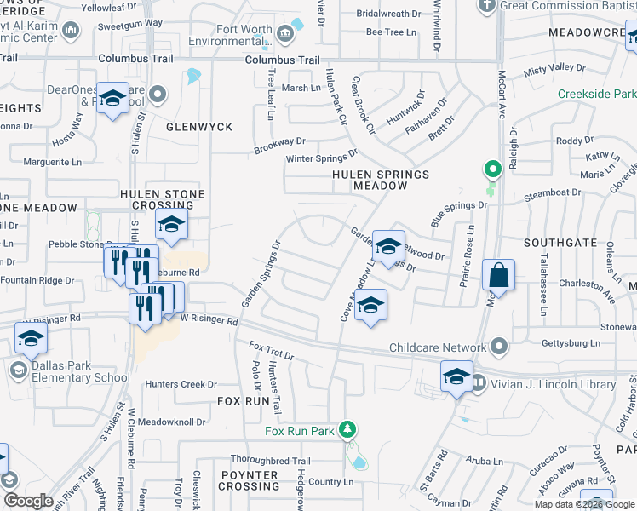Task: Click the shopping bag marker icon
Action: click(498, 276)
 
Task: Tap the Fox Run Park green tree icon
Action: click(347, 428)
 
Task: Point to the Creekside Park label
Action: click(597, 94)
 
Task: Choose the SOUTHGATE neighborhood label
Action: click(560, 243)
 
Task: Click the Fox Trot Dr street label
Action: click(271, 350)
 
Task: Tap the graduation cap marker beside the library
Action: click(456, 376)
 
